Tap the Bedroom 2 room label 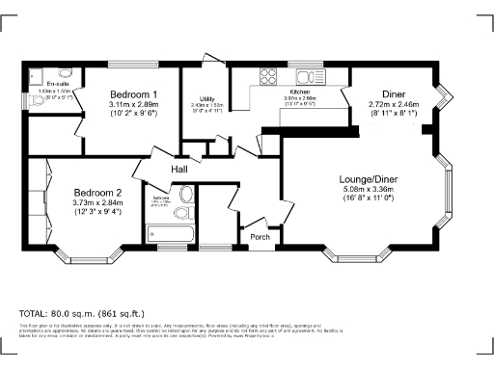point(96,191)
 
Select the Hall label point(178,170)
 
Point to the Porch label point(260,236)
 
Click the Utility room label point(206,99)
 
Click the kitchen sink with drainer point(308,76)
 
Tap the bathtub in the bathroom point(169,232)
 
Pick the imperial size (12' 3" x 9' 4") point(96,213)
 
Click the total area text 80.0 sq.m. point(81,313)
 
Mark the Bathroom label point(161,199)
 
